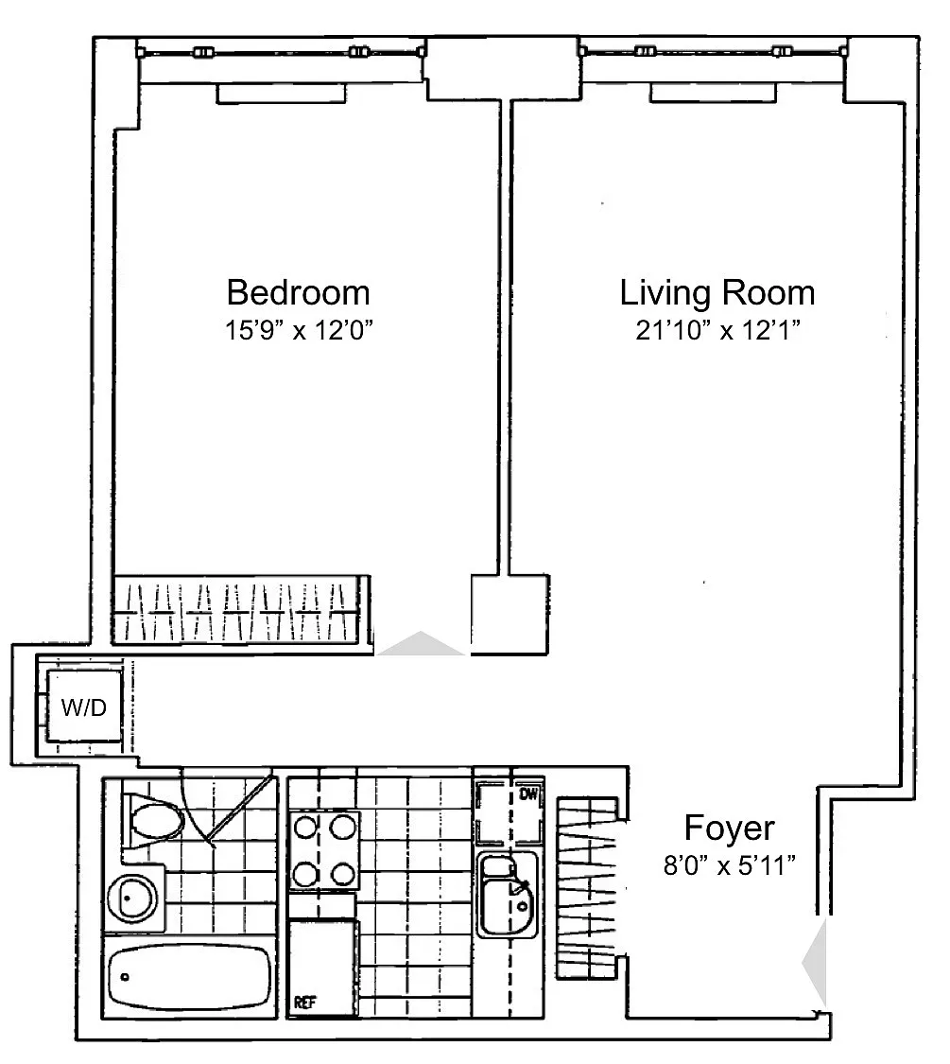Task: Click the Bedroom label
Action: (x=299, y=292)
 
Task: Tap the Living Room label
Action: (x=717, y=292)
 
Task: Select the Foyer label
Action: (x=729, y=828)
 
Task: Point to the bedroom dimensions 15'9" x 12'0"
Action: (x=299, y=330)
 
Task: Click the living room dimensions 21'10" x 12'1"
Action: (x=718, y=330)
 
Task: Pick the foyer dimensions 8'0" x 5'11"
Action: (x=729, y=865)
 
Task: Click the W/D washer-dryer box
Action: (x=84, y=707)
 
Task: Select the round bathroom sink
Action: (x=131, y=898)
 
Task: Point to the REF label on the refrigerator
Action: (x=304, y=1002)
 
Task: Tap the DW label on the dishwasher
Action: (x=528, y=794)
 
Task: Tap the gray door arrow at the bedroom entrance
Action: (x=421, y=643)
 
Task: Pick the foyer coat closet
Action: (x=587, y=887)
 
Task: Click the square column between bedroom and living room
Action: (x=510, y=615)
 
